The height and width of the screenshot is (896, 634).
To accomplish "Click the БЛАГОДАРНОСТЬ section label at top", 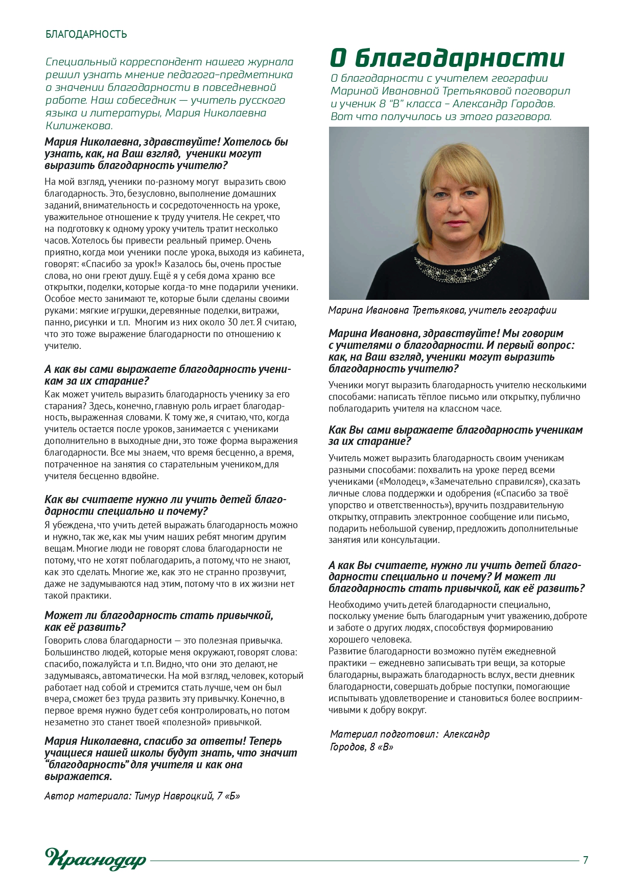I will (x=86, y=35).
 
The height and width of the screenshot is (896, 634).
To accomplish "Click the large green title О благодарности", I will (x=447, y=58).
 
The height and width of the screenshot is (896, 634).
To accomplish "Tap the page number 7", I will (x=585, y=860).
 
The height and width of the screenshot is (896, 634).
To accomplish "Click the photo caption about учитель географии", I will (x=442, y=310).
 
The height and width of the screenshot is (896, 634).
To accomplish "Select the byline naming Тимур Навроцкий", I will (x=142, y=796).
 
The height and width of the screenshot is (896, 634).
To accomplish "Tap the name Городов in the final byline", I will (x=347, y=747).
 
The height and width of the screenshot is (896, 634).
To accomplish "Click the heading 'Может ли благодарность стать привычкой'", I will (x=159, y=616).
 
